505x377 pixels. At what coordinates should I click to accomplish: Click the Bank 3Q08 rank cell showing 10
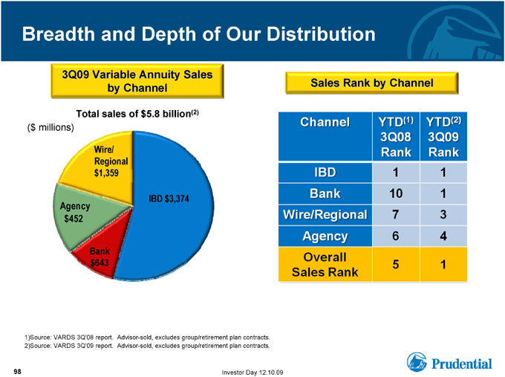(396, 193)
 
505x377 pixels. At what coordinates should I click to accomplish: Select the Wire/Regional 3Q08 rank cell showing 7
(396, 215)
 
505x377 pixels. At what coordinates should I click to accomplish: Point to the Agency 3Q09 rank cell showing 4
(443, 236)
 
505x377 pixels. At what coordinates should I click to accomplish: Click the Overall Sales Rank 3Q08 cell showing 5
(396, 265)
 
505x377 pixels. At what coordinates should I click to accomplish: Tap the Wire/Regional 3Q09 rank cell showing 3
(443, 215)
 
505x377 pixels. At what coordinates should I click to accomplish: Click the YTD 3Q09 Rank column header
(443, 136)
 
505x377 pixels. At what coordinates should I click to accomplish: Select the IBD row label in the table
(325, 173)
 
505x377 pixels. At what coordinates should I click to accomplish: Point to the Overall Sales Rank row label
(325, 265)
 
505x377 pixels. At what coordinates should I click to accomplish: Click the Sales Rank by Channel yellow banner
(371, 83)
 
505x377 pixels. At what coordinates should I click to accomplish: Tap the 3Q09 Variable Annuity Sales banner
(137, 81)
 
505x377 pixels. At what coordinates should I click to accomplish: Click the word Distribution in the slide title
(321, 34)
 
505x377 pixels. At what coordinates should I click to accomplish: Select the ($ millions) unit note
(50, 128)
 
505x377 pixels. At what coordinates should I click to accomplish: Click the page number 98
(17, 372)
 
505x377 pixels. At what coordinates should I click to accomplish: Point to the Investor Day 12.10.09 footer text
(252, 373)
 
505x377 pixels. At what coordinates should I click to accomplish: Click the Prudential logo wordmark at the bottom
(461, 364)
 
